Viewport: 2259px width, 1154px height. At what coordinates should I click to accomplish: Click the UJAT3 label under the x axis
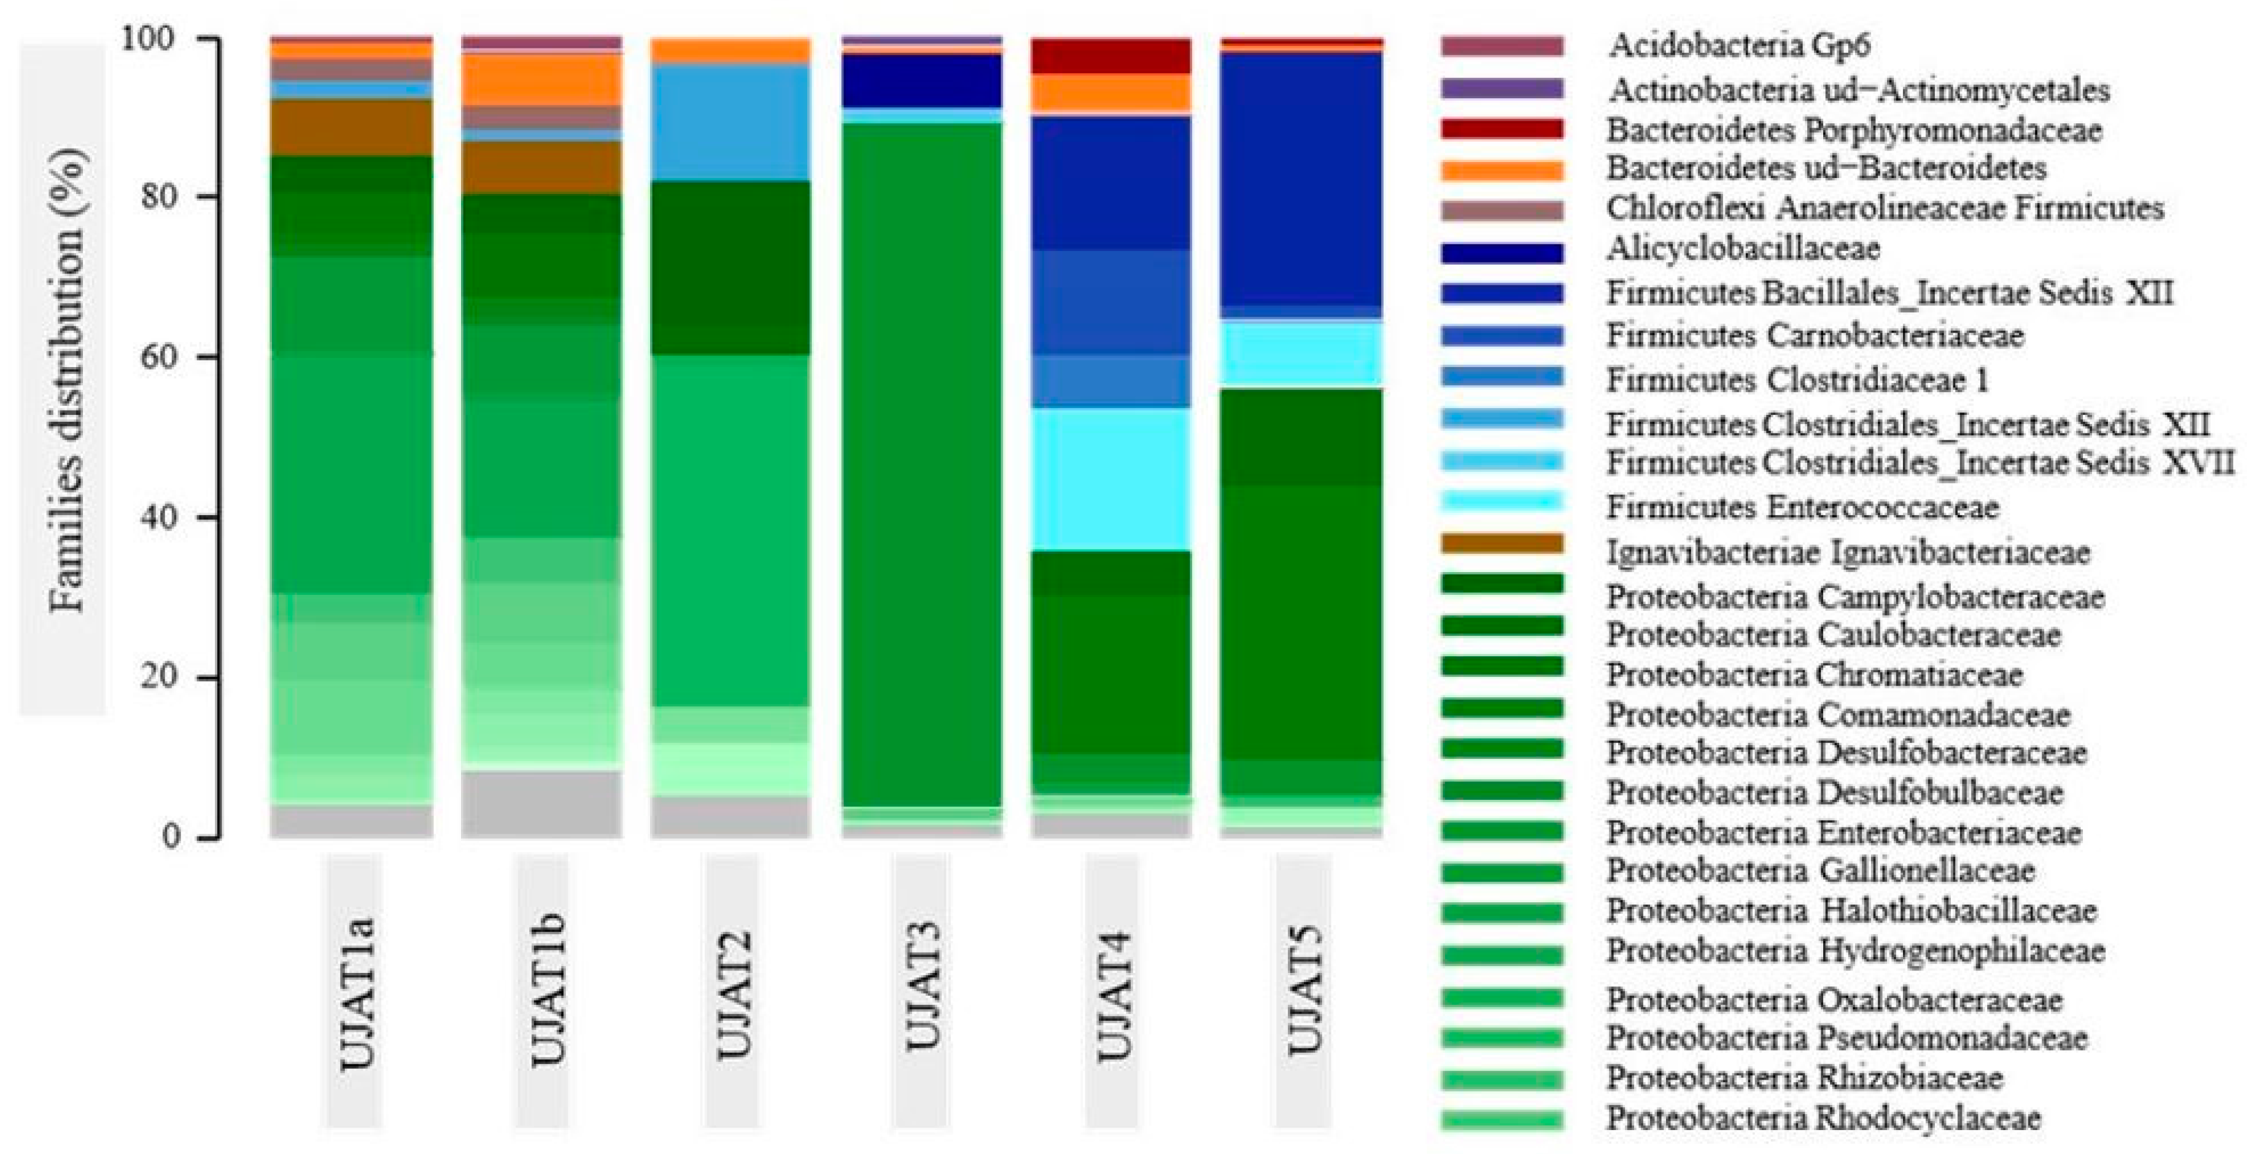[x=921, y=991]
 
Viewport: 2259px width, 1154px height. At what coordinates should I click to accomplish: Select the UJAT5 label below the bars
[x=1304, y=991]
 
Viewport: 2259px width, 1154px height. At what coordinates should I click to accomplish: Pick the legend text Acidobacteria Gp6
[x=1738, y=45]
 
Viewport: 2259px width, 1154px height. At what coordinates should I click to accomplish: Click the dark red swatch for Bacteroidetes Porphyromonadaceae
[x=1501, y=129]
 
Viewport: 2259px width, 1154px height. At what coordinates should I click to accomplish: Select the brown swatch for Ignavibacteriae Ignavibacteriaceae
[x=1501, y=544]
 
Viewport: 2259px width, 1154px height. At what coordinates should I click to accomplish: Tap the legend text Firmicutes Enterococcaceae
[x=1802, y=507]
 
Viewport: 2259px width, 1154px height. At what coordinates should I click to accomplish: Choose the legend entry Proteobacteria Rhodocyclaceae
[x=1823, y=1118]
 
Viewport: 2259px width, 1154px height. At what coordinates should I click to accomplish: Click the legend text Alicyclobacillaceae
[x=1743, y=249]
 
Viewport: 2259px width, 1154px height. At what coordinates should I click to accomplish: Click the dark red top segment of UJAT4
[x=1111, y=56]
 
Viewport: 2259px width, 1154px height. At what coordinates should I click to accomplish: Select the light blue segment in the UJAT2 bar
[x=730, y=123]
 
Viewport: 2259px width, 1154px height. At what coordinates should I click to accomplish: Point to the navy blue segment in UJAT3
[x=921, y=80]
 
